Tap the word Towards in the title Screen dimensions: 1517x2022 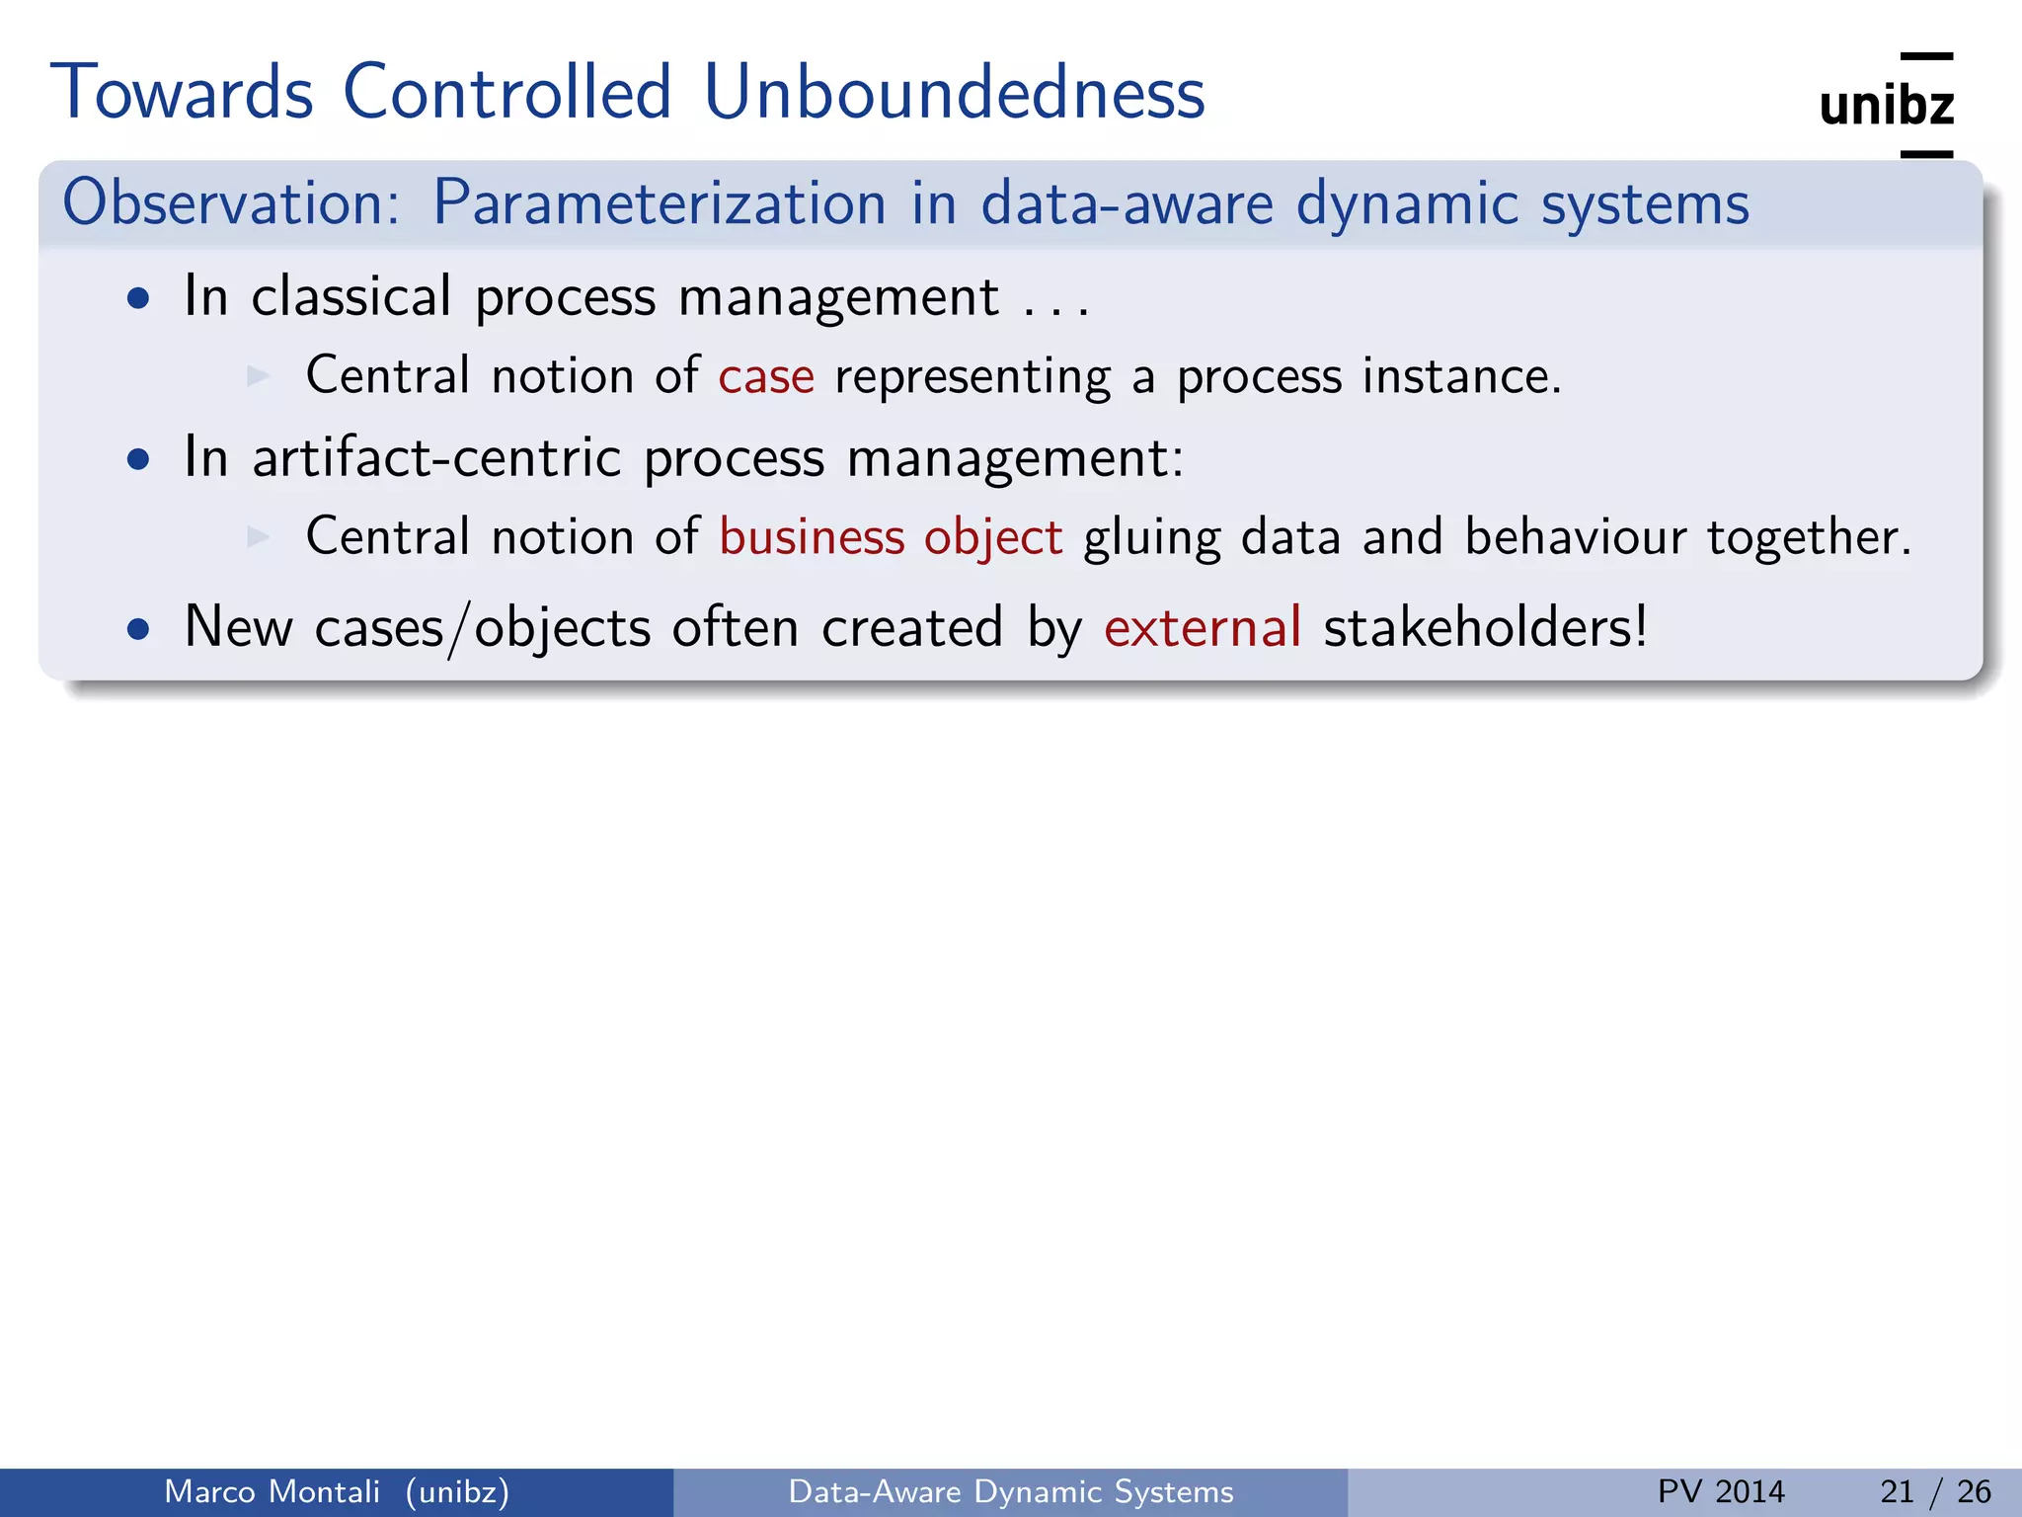[x=182, y=93]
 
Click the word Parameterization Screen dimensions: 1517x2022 [x=660, y=203]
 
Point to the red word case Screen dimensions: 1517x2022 [x=766, y=377]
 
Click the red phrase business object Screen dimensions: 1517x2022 [x=891, y=538]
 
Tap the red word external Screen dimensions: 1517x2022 [x=1203, y=628]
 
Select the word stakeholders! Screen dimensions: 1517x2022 [x=1485, y=628]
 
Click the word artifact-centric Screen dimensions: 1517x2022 [x=436, y=458]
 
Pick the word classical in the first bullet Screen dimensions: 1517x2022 [x=350, y=297]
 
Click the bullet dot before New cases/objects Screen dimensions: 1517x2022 [x=139, y=630]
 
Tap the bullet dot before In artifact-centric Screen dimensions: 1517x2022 [x=139, y=460]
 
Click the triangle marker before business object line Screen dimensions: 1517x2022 [x=259, y=536]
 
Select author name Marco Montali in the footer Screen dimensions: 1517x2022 [x=272, y=1491]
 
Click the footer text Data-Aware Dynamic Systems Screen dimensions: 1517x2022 [x=1011, y=1491]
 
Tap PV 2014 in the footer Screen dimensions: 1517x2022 [x=1721, y=1491]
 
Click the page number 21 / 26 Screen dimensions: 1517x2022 [x=1935, y=1491]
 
